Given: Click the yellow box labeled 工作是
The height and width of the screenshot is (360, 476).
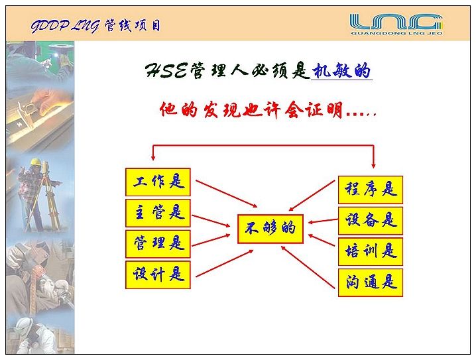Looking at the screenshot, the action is pos(158,182).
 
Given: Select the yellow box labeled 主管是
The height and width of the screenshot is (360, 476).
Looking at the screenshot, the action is pos(158,213).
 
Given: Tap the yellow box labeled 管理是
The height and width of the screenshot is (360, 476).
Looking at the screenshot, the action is pos(158,244).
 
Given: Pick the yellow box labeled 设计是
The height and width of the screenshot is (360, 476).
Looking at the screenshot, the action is pos(158,274).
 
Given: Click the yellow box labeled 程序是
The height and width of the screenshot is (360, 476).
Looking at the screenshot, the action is pos(371,190).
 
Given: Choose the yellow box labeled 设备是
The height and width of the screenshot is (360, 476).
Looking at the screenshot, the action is pos(371,221).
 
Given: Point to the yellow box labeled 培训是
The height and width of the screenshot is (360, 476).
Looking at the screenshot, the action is pos(371,252).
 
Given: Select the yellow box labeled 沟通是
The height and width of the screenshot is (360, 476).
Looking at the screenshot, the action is pos(371,282).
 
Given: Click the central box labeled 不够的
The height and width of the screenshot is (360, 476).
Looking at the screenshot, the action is pos(270,229).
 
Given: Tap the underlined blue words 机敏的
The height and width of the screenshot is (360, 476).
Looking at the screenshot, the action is pos(341,72).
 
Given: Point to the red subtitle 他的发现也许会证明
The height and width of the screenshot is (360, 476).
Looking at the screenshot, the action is pos(251,109).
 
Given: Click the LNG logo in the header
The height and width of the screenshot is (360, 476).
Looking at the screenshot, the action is pos(396,22).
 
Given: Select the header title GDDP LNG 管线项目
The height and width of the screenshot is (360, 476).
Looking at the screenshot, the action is pos(95,26).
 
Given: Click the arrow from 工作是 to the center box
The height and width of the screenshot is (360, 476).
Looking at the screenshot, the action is pos(227,194).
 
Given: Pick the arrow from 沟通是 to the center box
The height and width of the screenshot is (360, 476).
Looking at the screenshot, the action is pos(308,267).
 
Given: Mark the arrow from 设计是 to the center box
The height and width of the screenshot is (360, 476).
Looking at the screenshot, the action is pos(225,263).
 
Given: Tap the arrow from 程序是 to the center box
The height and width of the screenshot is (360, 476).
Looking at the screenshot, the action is pos(312,196).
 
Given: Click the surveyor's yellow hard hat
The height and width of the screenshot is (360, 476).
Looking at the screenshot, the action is pos(36,162).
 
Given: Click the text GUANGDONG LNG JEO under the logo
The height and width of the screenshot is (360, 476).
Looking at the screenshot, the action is pos(396,33).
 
